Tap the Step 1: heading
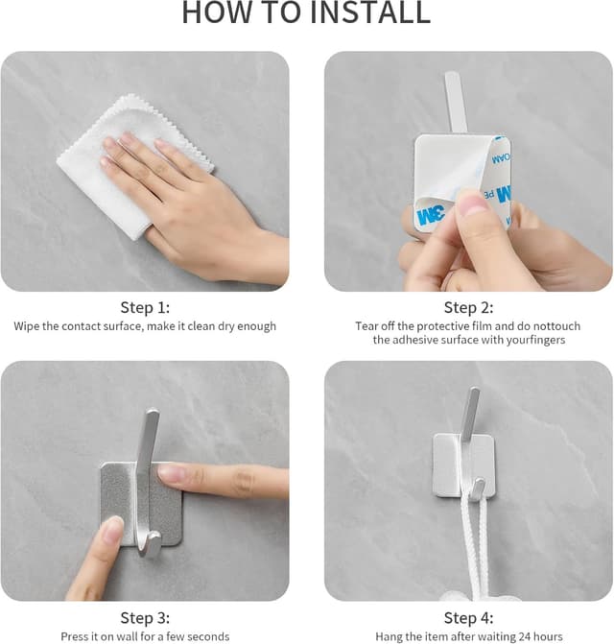tap(145, 307)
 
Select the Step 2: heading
tap(468, 307)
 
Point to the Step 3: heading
tap(145, 617)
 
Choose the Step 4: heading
tap(468, 617)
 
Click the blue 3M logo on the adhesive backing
tap(430, 214)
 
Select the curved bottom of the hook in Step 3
tap(148, 547)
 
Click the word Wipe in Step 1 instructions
tap(27, 326)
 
